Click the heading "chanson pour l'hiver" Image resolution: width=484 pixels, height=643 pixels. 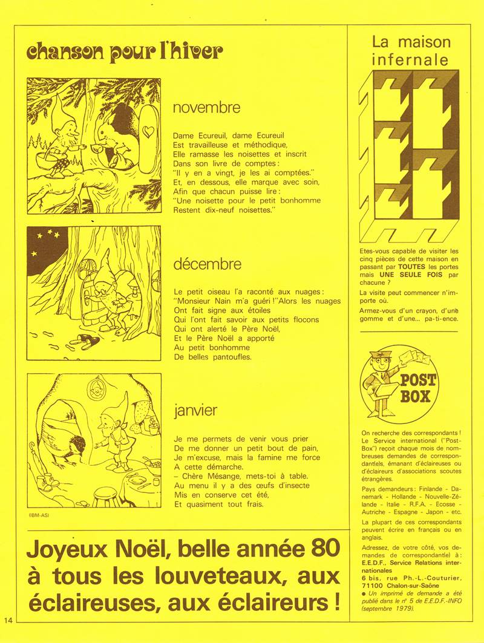[x=124, y=53]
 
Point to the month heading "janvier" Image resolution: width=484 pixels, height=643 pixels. [x=195, y=411]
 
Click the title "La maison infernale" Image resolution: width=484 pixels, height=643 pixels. [x=411, y=51]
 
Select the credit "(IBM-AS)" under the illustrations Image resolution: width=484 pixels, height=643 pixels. [x=39, y=515]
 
